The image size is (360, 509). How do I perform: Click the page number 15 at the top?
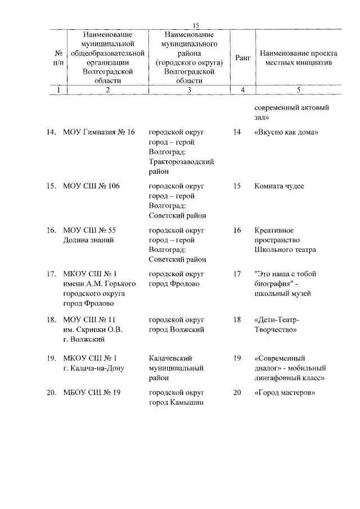point(196,25)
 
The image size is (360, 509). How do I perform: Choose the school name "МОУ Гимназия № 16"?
point(100,132)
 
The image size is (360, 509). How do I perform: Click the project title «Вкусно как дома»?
point(286,132)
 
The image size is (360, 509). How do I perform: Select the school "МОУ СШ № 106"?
point(92,186)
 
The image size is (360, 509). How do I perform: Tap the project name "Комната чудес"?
point(279,186)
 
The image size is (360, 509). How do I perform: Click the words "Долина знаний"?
point(89,240)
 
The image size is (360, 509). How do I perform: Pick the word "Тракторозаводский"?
point(182,162)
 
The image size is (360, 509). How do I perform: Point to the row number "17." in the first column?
point(51,274)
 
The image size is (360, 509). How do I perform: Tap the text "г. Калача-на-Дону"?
point(94,368)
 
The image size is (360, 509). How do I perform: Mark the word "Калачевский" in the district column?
point(172,358)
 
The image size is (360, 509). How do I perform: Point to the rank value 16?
point(236,230)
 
